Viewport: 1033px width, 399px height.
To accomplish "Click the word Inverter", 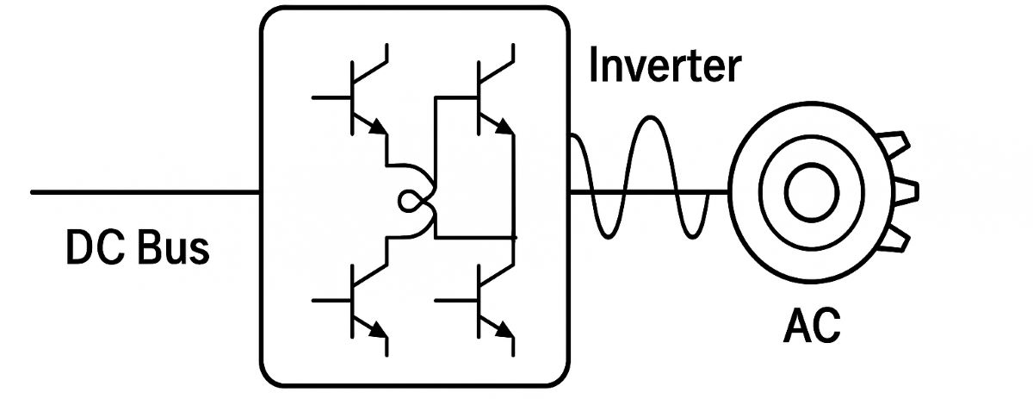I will pos(664,66).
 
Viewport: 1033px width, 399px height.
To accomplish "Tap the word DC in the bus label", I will pos(92,249).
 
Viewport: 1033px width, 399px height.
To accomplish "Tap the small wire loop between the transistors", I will pos(410,202).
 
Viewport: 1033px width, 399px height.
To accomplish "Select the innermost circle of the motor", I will pos(809,189).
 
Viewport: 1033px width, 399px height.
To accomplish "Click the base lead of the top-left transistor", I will pos(331,97).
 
